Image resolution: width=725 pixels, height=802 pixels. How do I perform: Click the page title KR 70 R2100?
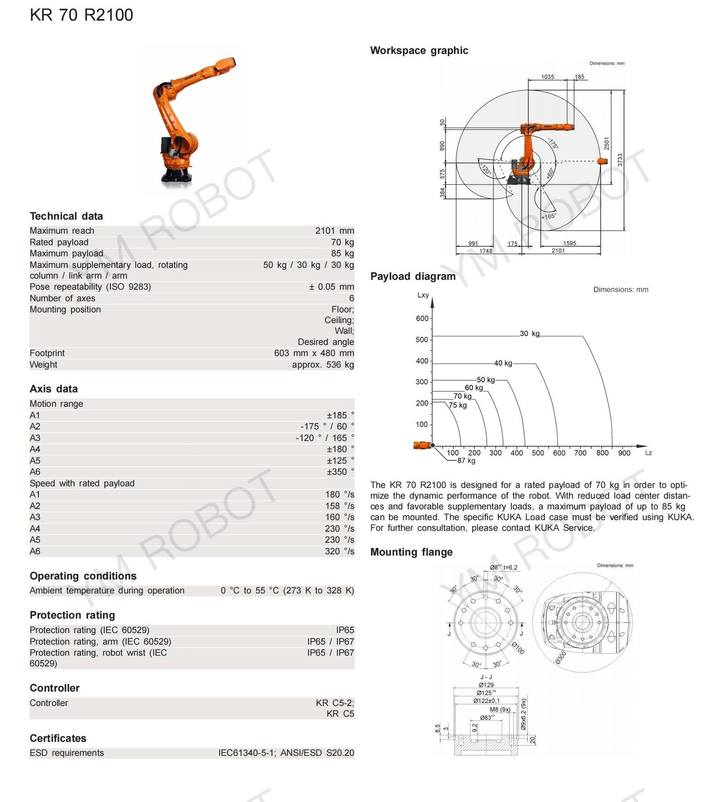pyautogui.click(x=82, y=15)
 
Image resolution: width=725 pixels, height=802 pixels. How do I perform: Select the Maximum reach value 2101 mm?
pyautogui.click(x=334, y=231)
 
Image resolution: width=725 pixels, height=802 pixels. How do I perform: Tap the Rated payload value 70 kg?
pyautogui.click(x=342, y=242)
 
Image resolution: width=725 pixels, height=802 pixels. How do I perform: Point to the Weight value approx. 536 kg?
pyautogui.click(x=323, y=365)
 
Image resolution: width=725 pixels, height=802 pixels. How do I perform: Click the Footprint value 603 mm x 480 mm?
pyautogui.click(x=314, y=353)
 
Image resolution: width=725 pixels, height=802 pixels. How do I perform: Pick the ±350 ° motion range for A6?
pyautogui.click(x=340, y=472)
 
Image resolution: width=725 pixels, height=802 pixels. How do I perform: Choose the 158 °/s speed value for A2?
pyautogui.click(x=339, y=506)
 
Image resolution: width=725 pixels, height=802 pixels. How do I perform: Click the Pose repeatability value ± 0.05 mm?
pyautogui.click(x=331, y=287)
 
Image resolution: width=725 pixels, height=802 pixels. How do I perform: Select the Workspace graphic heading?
pyautogui.click(x=419, y=50)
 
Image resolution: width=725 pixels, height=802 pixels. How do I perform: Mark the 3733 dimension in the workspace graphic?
pyautogui.click(x=620, y=160)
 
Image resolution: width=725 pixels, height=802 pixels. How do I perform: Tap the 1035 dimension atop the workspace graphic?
pyautogui.click(x=547, y=77)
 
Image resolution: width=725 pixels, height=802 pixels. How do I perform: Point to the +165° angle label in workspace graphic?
pyautogui.click(x=548, y=216)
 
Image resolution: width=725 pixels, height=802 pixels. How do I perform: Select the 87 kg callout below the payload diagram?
pyautogui.click(x=466, y=461)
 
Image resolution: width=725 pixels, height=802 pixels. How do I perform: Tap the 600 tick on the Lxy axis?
pyautogui.click(x=422, y=318)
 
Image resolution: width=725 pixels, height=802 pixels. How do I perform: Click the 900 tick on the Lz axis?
pyautogui.click(x=624, y=453)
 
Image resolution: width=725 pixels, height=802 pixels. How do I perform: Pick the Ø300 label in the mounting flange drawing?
pyautogui.click(x=561, y=657)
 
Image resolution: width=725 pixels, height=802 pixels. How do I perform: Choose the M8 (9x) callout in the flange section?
pyautogui.click(x=500, y=710)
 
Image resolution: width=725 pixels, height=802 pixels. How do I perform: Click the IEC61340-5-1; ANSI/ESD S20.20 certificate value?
pyautogui.click(x=286, y=753)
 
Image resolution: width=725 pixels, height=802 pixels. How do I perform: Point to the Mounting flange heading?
pyautogui.click(x=411, y=552)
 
